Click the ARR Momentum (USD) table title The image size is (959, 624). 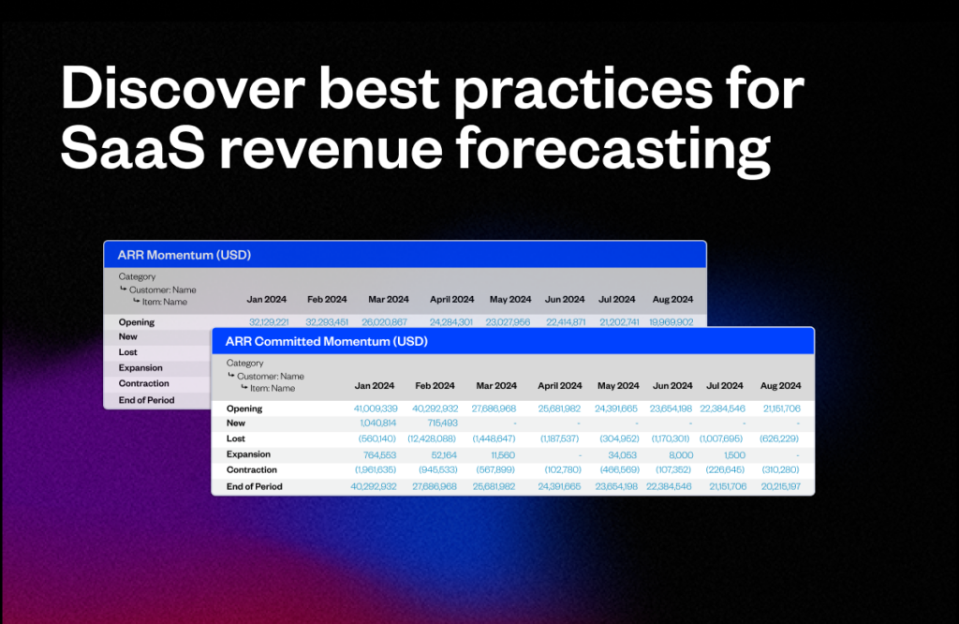pyautogui.click(x=184, y=255)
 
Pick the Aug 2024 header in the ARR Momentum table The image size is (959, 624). pyautogui.click(x=671, y=300)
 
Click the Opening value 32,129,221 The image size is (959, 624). pyautogui.click(x=267, y=322)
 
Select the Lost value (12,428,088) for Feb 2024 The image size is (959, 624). pyautogui.click(x=432, y=438)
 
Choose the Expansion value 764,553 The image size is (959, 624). pyautogui.click(x=375, y=454)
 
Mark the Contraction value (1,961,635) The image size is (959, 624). pyautogui.click(x=374, y=470)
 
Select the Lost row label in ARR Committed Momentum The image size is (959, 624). pyautogui.click(x=235, y=438)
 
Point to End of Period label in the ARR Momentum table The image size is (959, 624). pyautogui.click(x=146, y=400)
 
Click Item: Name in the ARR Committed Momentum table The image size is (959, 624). pyautogui.click(x=272, y=388)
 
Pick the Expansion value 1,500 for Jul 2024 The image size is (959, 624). pyautogui.click(x=733, y=454)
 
